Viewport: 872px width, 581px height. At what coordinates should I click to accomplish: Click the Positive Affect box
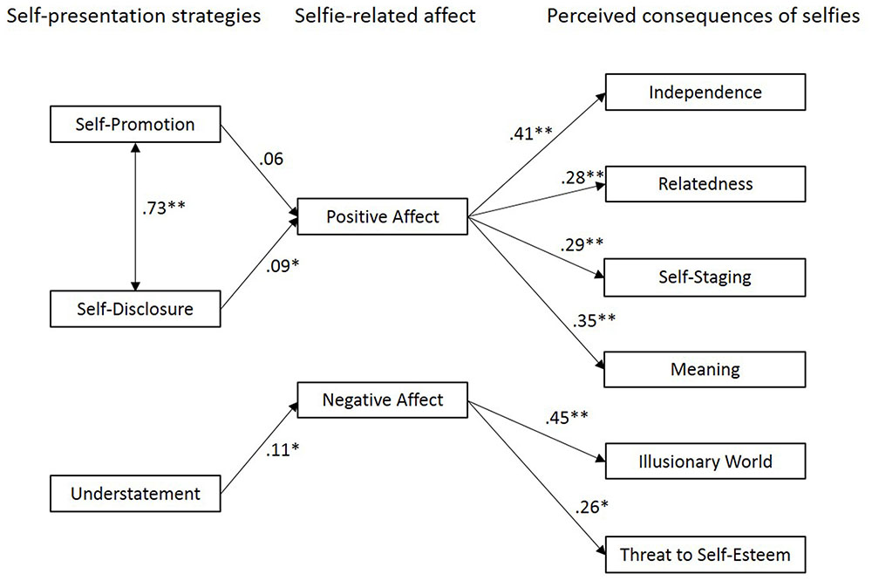382,216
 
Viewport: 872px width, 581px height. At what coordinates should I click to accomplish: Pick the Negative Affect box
382,400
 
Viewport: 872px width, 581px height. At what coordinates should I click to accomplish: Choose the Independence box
705,92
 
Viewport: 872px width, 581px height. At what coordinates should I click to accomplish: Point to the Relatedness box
705,184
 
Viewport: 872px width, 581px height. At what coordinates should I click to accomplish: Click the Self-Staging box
705,277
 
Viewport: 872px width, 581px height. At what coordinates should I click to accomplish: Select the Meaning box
705,368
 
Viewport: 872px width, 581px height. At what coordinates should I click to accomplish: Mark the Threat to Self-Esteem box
705,553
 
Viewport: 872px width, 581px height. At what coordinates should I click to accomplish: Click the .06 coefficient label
271,159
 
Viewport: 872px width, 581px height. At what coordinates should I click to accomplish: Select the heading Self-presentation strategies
131,17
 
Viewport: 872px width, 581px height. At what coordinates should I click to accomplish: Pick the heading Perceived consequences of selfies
704,17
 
